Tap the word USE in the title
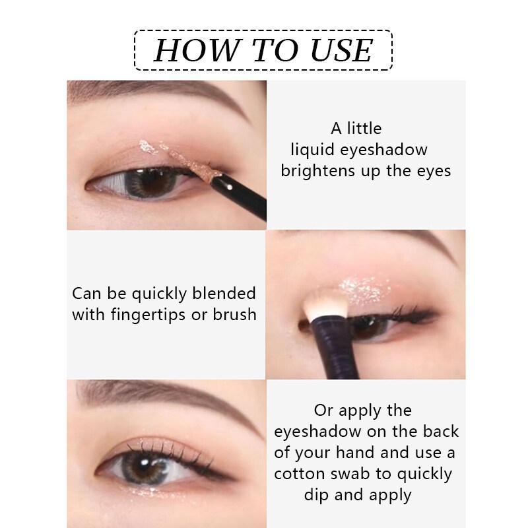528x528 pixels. click(x=341, y=50)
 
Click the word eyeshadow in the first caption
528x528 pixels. click(x=383, y=150)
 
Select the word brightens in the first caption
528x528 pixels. click(x=318, y=170)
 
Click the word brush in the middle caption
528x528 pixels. click(x=234, y=314)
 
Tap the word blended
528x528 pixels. click(x=224, y=293)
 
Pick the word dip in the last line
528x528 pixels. click(x=317, y=496)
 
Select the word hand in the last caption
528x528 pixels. click(x=355, y=452)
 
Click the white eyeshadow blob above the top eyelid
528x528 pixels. click(x=148, y=147)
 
